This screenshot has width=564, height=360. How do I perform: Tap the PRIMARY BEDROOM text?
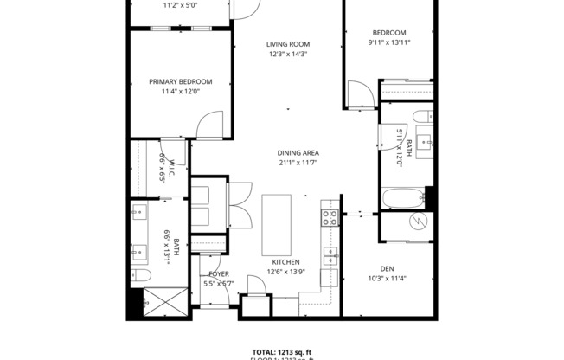point(180,82)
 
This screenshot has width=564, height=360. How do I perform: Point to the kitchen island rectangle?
point(278,223)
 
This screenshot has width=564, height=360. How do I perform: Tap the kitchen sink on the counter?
point(330,255)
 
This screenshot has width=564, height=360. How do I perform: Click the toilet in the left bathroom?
point(142,276)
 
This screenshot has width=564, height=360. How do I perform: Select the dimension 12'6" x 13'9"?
point(285,272)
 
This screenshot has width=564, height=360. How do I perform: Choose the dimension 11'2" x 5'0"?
point(180,4)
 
